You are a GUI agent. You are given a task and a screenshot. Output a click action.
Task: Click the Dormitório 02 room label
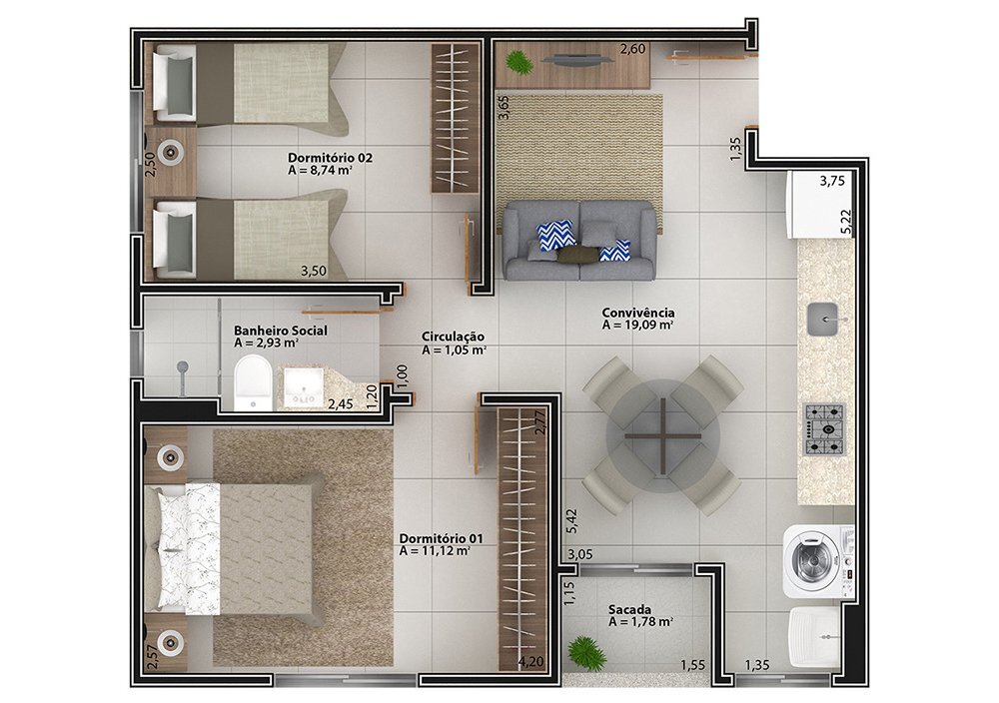330,158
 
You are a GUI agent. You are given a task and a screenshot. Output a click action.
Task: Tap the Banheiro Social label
281,331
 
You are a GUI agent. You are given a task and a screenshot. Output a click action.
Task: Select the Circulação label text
453,337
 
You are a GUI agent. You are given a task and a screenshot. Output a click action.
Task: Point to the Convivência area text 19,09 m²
638,325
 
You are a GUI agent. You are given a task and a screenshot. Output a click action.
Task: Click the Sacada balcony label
629,610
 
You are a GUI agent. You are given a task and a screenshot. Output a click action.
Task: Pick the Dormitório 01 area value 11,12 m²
435,551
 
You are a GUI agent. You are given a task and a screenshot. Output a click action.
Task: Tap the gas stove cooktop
824,429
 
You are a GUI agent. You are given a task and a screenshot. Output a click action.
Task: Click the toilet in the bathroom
253,382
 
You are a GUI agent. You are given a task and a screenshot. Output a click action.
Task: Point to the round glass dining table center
662,436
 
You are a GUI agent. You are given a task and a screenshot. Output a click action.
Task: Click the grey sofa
578,241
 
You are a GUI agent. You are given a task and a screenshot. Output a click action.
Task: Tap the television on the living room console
577,61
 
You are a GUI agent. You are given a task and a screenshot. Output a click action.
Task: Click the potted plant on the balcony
586,652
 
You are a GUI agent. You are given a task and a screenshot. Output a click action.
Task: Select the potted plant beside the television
517,61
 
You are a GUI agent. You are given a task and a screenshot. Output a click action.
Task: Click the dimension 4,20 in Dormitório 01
530,662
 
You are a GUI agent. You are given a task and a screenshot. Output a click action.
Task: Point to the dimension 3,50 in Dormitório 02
314,271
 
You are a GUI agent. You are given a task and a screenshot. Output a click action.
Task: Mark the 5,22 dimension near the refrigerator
846,224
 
